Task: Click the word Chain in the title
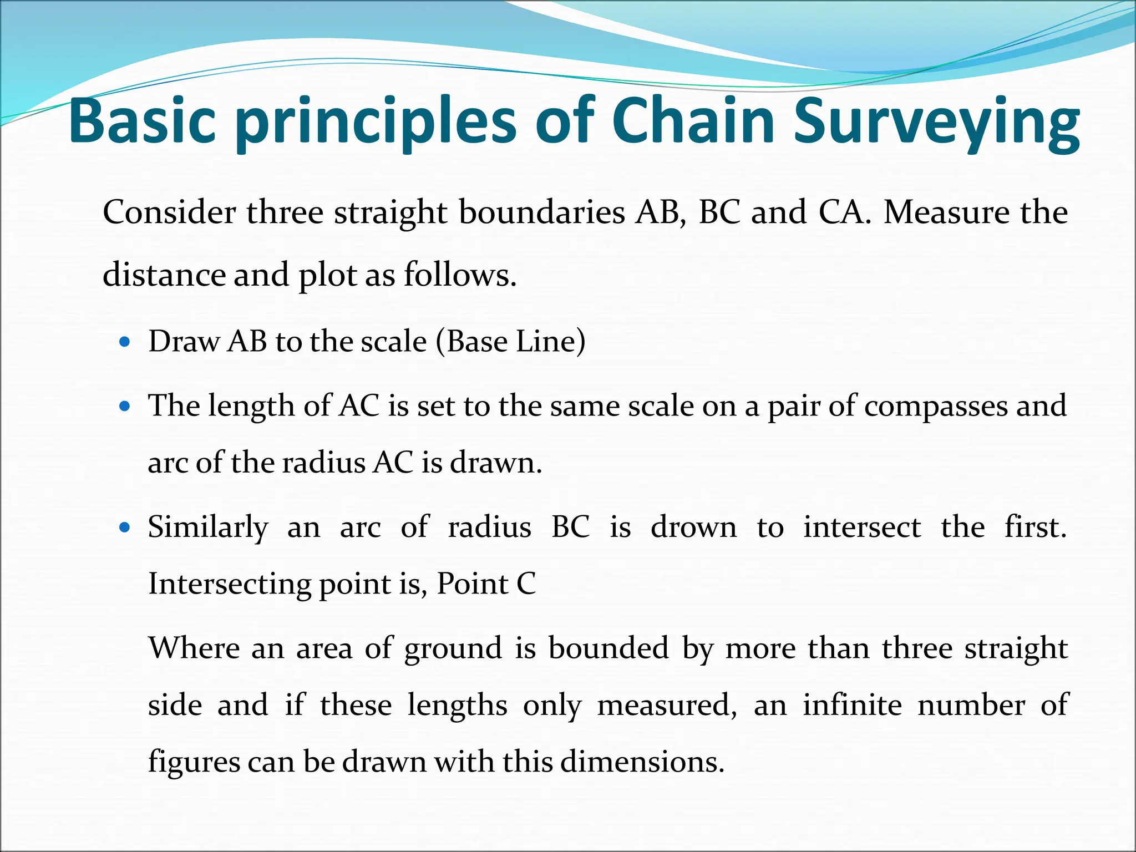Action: tap(693, 121)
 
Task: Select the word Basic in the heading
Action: tap(142, 121)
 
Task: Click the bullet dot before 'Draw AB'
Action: tap(125, 342)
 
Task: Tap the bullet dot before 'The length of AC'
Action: tap(125, 406)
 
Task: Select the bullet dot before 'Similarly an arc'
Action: tap(125, 527)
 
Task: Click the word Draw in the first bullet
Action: tap(184, 341)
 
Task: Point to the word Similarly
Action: tap(208, 528)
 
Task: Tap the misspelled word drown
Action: tap(693, 527)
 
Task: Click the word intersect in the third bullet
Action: tap(862, 527)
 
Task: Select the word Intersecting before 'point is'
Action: tap(230, 584)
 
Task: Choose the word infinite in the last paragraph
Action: tap(852, 705)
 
